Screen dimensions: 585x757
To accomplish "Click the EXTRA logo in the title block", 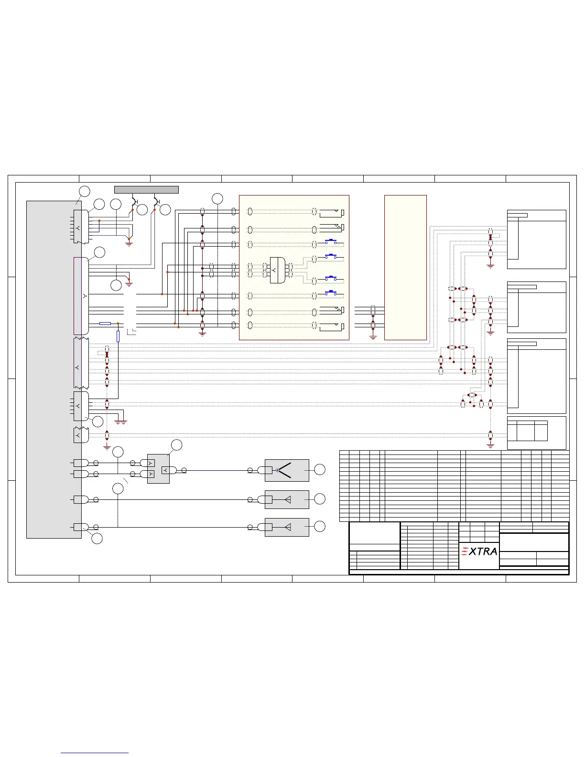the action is [479, 552].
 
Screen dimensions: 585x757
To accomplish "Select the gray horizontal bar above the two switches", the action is [146, 190].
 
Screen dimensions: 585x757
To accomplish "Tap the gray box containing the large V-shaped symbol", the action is [287, 470].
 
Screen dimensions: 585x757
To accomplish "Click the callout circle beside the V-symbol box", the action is [320, 470].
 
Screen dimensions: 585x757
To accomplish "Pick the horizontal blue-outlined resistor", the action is [105, 324].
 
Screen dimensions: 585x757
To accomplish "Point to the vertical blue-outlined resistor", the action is [118, 336].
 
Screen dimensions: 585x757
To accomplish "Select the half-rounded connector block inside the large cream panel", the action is [277, 270].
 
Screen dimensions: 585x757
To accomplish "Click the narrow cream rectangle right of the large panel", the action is [405, 267].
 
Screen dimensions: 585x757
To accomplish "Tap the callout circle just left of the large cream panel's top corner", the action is [217, 198].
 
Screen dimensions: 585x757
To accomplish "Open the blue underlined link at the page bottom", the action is [95, 753].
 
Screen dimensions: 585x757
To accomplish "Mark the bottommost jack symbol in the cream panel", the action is [332, 326].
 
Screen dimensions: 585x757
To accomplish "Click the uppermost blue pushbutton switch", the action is [331, 241].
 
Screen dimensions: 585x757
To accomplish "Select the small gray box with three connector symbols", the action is [158, 468].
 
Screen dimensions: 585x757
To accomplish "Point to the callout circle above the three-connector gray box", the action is [177, 445].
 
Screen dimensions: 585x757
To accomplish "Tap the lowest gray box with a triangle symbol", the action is [287, 527].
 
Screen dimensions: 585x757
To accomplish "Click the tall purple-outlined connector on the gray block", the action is [81, 296].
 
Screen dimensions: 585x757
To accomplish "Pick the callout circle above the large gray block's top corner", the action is [84, 191].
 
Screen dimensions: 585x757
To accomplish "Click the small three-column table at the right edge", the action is [527, 431].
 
